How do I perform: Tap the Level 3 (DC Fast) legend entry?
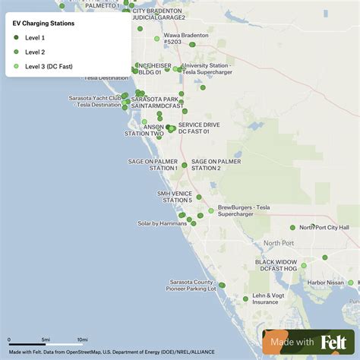(50, 66)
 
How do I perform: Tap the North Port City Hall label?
(324, 227)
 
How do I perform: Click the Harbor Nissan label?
(325, 283)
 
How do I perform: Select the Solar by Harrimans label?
(162, 223)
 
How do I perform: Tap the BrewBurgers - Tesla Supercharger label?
(244, 210)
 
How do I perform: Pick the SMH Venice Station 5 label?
(175, 197)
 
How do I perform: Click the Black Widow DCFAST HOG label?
(276, 265)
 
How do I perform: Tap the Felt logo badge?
(309, 342)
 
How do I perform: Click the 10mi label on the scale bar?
(82, 339)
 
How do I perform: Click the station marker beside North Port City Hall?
(292, 227)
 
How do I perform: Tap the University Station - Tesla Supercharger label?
(207, 69)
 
